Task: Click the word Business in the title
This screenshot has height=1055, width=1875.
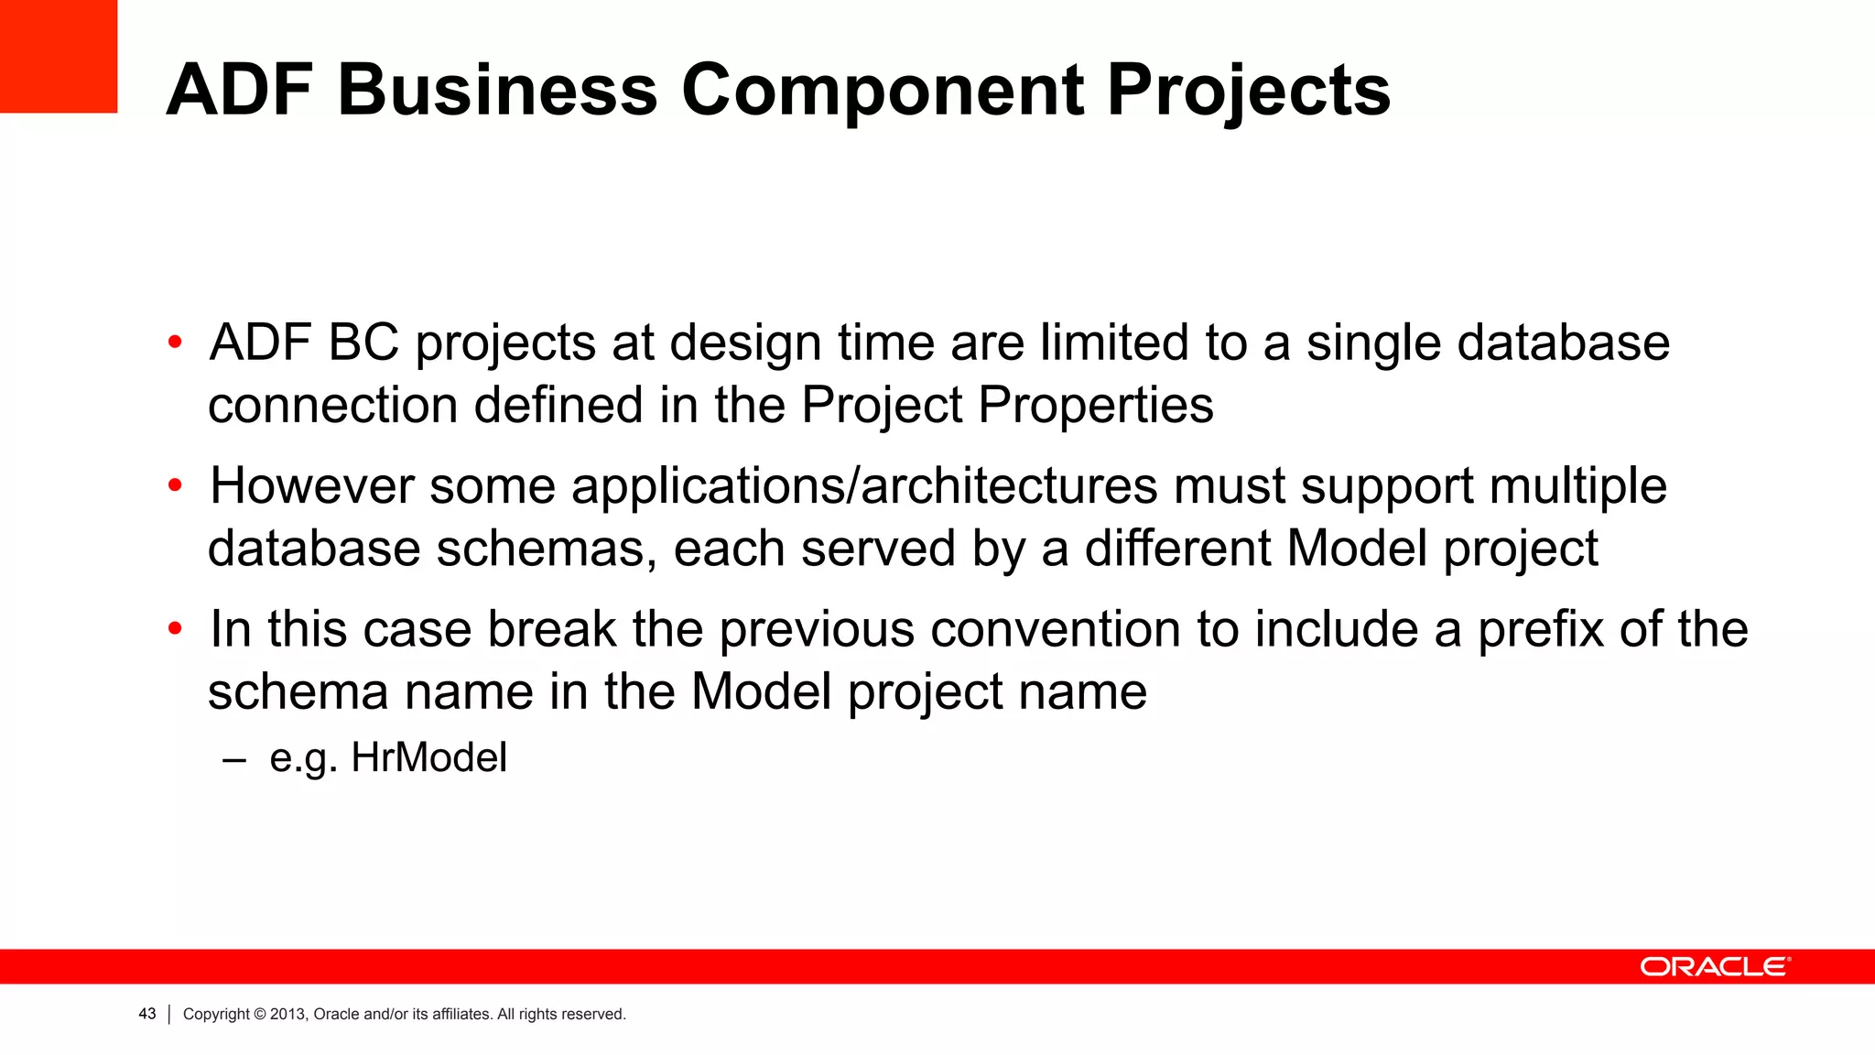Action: [497, 91]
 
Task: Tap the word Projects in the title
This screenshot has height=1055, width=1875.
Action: [1248, 91]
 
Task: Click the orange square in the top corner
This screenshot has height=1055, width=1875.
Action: [58, 56]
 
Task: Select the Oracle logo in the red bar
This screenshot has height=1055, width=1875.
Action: [1715, 967]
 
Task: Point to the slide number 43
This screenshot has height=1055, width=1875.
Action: [146, 1014]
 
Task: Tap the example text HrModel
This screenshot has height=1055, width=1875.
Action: [428, 758]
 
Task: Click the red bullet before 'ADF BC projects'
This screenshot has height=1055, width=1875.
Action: [175, 343]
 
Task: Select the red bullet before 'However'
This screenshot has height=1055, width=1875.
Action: [175, 486]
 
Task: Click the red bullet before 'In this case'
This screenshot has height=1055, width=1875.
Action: [175, 630]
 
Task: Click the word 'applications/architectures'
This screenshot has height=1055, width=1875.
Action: [864, 486]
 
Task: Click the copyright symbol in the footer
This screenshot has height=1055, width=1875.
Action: [259, 1014]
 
